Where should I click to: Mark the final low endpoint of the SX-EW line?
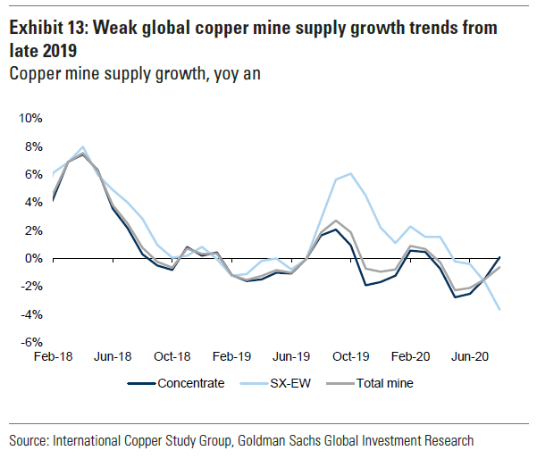499,310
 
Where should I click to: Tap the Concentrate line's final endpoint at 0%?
499,257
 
